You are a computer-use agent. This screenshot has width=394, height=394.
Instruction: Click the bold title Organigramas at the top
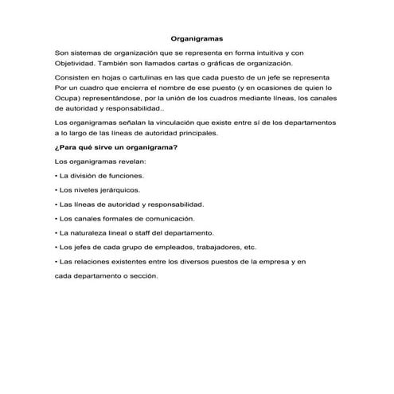pos(197,37)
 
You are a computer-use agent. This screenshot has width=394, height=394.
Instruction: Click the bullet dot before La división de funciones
pos(56,177)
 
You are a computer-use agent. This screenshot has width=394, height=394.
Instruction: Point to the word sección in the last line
pos(140,275)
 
